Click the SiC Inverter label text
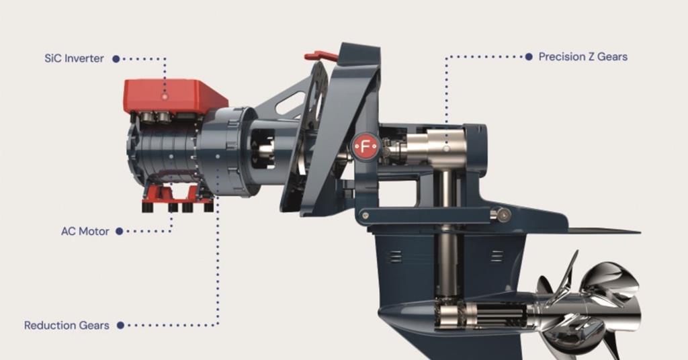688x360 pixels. tap(74, 58)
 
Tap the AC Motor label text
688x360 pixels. tap(85, 231)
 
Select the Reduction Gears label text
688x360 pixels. tap(67, 325)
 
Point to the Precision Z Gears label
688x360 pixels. tap(583, 57)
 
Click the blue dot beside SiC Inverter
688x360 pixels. tap(116, 59)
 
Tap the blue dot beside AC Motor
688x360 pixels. tap(119, 231)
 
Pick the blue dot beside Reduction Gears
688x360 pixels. tap(120, 325)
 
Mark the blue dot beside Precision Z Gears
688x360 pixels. tap(529, 57)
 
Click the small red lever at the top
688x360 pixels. tap(320, 56)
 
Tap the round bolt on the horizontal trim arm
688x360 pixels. tap(501, 214)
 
